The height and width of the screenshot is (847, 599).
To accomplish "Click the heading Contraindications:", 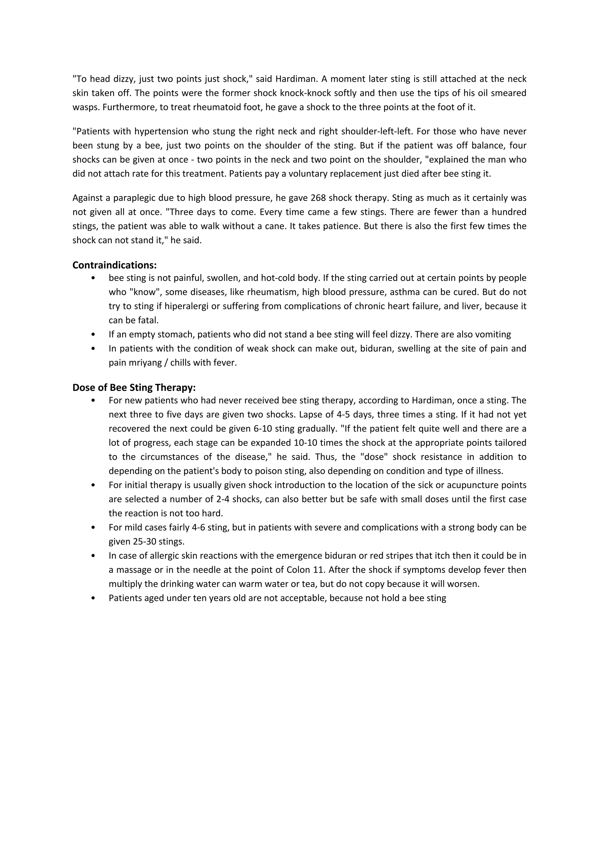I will coord(114,265).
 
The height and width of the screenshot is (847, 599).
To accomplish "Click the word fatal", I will coord(148,320).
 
